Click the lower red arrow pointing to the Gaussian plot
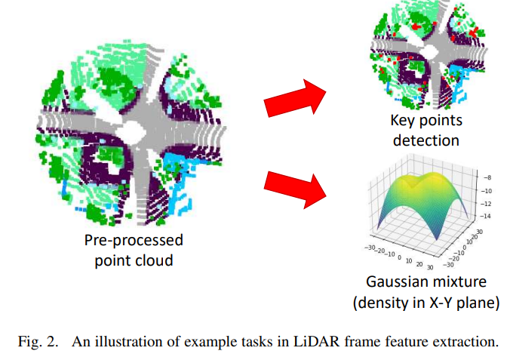293,188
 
